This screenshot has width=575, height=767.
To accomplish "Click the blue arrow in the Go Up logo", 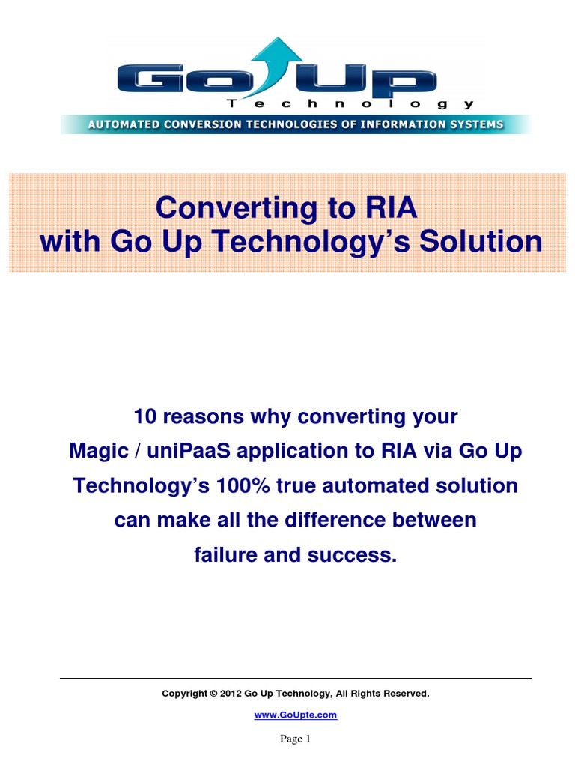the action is coord(275,64).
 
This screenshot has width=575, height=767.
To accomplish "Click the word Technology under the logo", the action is coord(350,103).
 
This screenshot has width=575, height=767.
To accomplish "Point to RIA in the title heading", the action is coord(391,207).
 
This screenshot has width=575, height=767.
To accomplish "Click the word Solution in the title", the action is coord(481,242).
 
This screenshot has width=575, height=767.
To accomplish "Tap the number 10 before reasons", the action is coord(144,416).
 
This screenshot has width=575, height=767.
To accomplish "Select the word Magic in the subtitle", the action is coord(98,451).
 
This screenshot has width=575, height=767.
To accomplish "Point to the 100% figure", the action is coord(243,485).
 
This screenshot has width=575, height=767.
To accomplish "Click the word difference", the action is coord(335,520).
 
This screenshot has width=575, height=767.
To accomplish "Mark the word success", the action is coord(352,555).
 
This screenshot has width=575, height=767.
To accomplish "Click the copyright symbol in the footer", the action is coord(213,694).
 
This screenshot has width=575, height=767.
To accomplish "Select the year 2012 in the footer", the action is coord(231,694).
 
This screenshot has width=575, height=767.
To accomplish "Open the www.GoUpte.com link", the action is coord(295,715).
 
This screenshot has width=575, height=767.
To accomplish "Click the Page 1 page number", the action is coord(295,739).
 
